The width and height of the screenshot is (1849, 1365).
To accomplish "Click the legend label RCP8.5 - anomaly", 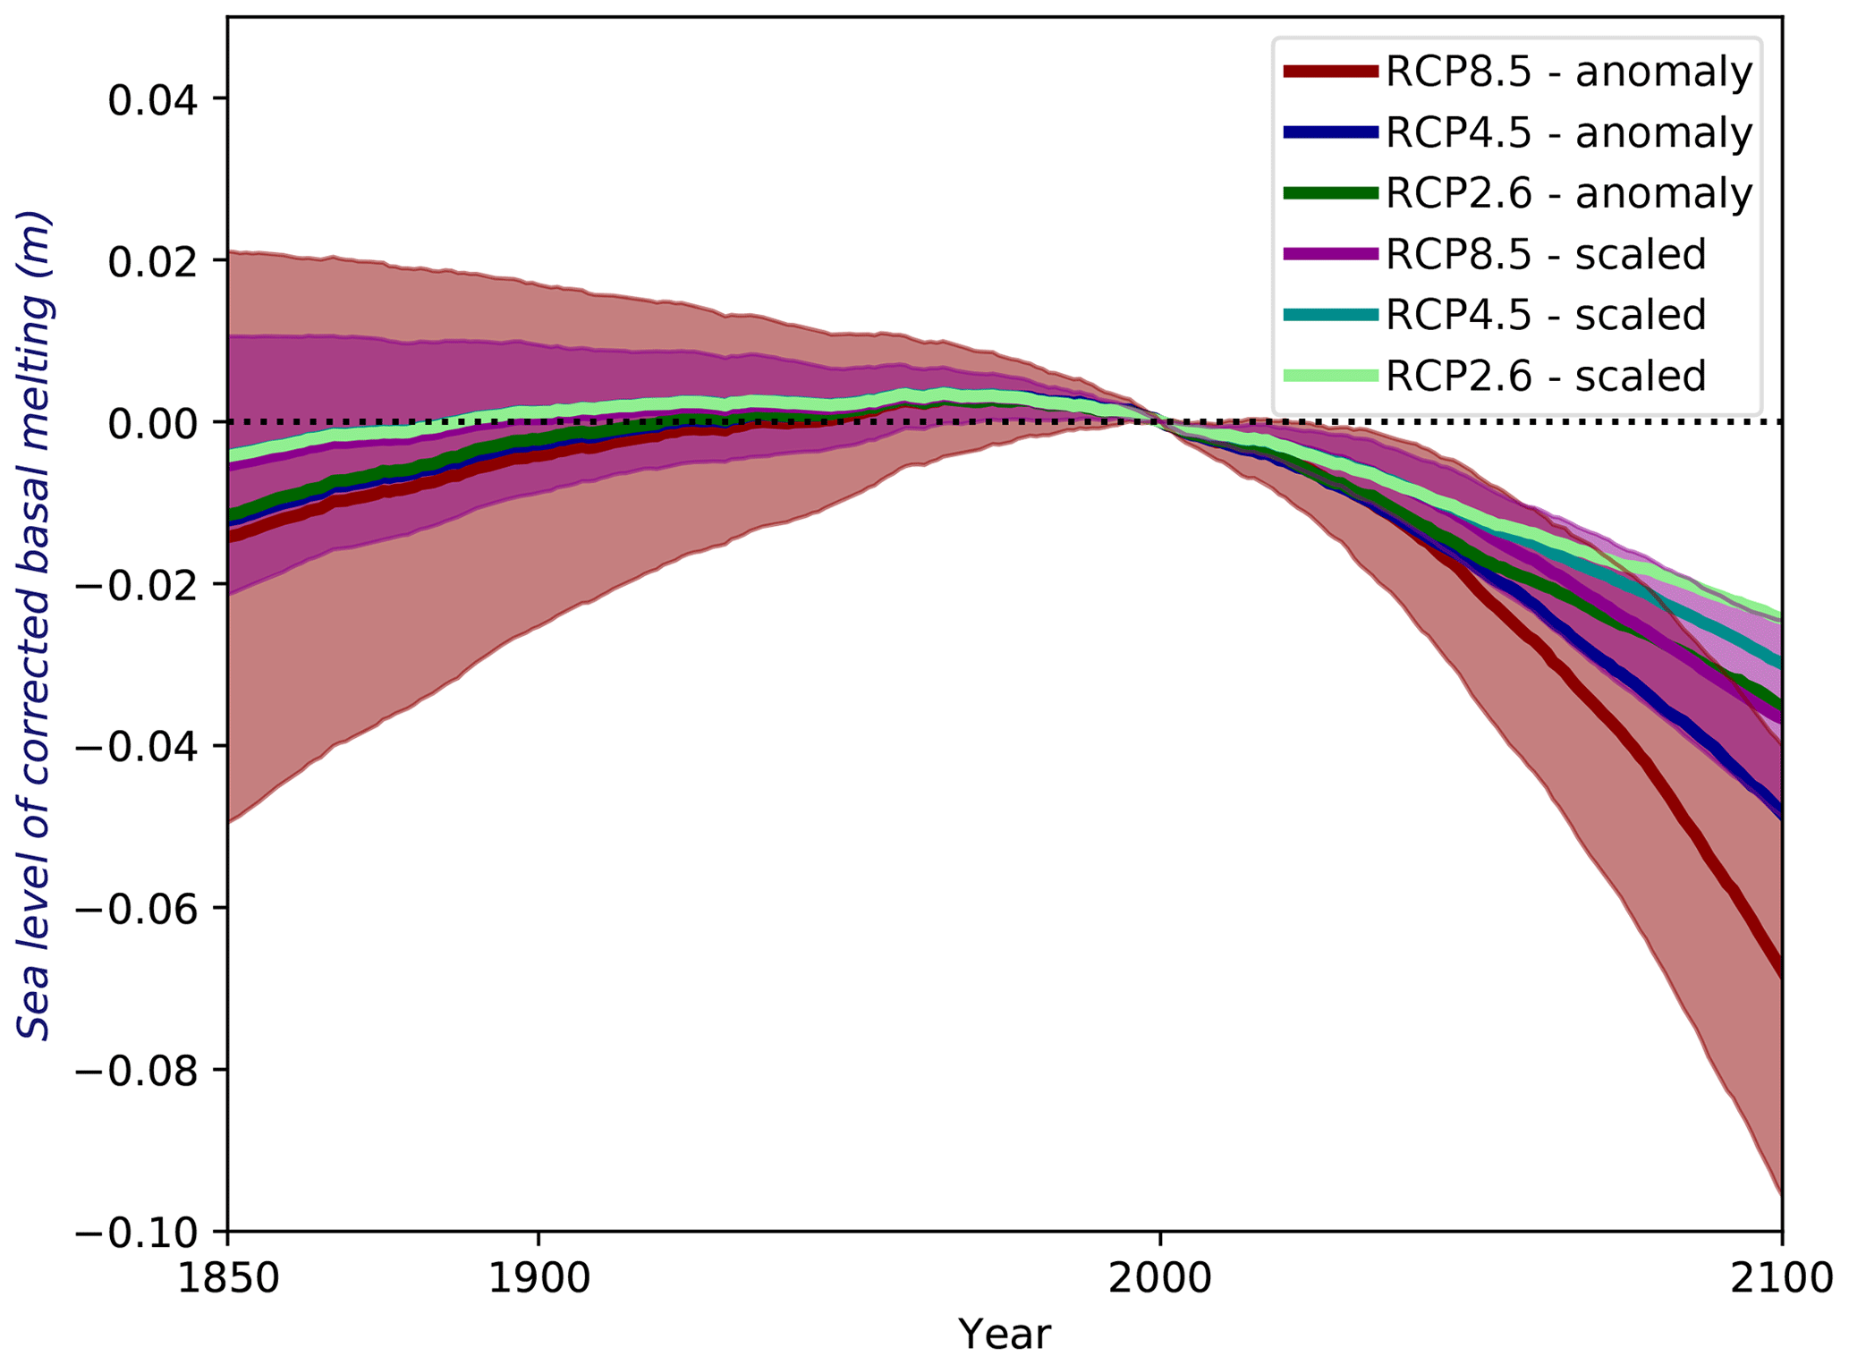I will (1568, 72).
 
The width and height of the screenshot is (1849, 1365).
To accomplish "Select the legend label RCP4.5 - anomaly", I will (1568, 133).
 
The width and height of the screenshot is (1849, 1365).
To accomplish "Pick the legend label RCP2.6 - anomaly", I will (1568, 194).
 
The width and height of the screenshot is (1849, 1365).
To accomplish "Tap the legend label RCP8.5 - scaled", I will (1545, 255).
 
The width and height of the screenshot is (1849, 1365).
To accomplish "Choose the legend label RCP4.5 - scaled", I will (1545, 315).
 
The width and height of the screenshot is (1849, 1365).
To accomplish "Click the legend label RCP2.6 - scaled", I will (1545, 376).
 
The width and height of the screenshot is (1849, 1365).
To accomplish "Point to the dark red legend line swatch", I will (1329, 72).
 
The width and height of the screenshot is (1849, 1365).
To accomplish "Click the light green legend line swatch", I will (1329, 376).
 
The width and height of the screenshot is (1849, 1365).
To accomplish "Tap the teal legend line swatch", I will (1329, 315).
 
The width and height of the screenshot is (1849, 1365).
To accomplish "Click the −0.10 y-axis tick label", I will (137, 1234).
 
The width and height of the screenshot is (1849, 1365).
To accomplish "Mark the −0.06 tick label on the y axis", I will (137, 910).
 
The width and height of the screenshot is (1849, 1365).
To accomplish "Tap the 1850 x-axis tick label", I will (228, 1280).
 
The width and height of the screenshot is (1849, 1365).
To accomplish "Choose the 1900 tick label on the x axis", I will (539, 1280).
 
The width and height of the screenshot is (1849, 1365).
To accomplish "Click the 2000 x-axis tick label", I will (1160, 1280).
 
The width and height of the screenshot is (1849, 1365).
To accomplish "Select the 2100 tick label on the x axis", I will (1780, 1280).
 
